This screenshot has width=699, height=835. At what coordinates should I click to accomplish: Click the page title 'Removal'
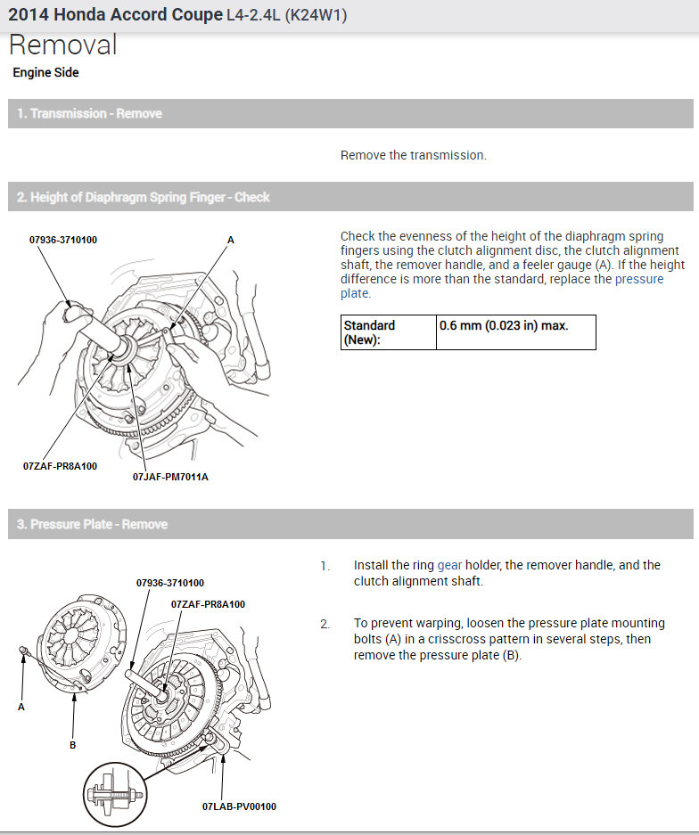63,45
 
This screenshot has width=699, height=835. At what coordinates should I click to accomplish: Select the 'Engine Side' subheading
45,73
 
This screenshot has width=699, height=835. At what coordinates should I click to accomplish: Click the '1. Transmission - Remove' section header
89,114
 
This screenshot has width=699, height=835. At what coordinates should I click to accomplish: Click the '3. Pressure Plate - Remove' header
92,524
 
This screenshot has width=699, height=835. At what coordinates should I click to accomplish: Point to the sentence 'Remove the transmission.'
413,155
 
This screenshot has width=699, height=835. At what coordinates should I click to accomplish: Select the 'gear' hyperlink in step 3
449,565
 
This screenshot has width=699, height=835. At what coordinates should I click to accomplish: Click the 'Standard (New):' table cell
388,332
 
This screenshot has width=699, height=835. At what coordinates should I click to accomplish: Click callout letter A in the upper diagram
230,241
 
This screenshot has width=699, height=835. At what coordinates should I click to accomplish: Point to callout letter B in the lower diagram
73,745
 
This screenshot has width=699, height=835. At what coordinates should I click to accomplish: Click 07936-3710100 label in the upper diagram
62,241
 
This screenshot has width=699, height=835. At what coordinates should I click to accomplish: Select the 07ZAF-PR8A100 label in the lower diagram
208,604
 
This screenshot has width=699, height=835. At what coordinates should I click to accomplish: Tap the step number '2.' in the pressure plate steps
325,624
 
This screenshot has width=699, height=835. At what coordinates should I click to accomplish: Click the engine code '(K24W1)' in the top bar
316,15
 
